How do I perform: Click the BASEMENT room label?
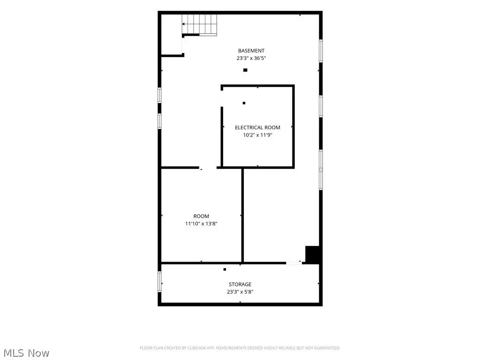coord(251,51)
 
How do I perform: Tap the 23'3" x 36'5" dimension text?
coord(251,58)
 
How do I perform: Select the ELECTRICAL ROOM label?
coord(257,127)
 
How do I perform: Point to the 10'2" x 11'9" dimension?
coord(257,135)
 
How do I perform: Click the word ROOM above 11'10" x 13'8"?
coord(201,216)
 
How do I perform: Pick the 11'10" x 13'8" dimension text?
coord(201,224)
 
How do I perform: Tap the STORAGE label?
coord(240,285)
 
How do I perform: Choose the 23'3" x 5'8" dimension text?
coord(240,292)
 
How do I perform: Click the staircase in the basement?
coord(200,24)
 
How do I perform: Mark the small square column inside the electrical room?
coord(244,103)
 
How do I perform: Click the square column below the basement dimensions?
coord(245,70)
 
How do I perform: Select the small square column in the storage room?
coord(225,270)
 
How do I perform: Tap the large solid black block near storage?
coord(313,255)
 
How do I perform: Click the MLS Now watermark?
coord(26,353)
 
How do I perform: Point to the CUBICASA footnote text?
coord(240,348)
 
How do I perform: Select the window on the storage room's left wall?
coord(159,282)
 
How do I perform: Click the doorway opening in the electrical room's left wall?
coord(222,98)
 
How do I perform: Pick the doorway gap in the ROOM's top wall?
coord(208,168)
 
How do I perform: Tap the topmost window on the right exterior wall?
coord(321,51)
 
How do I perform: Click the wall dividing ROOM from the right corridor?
coord(242,215)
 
